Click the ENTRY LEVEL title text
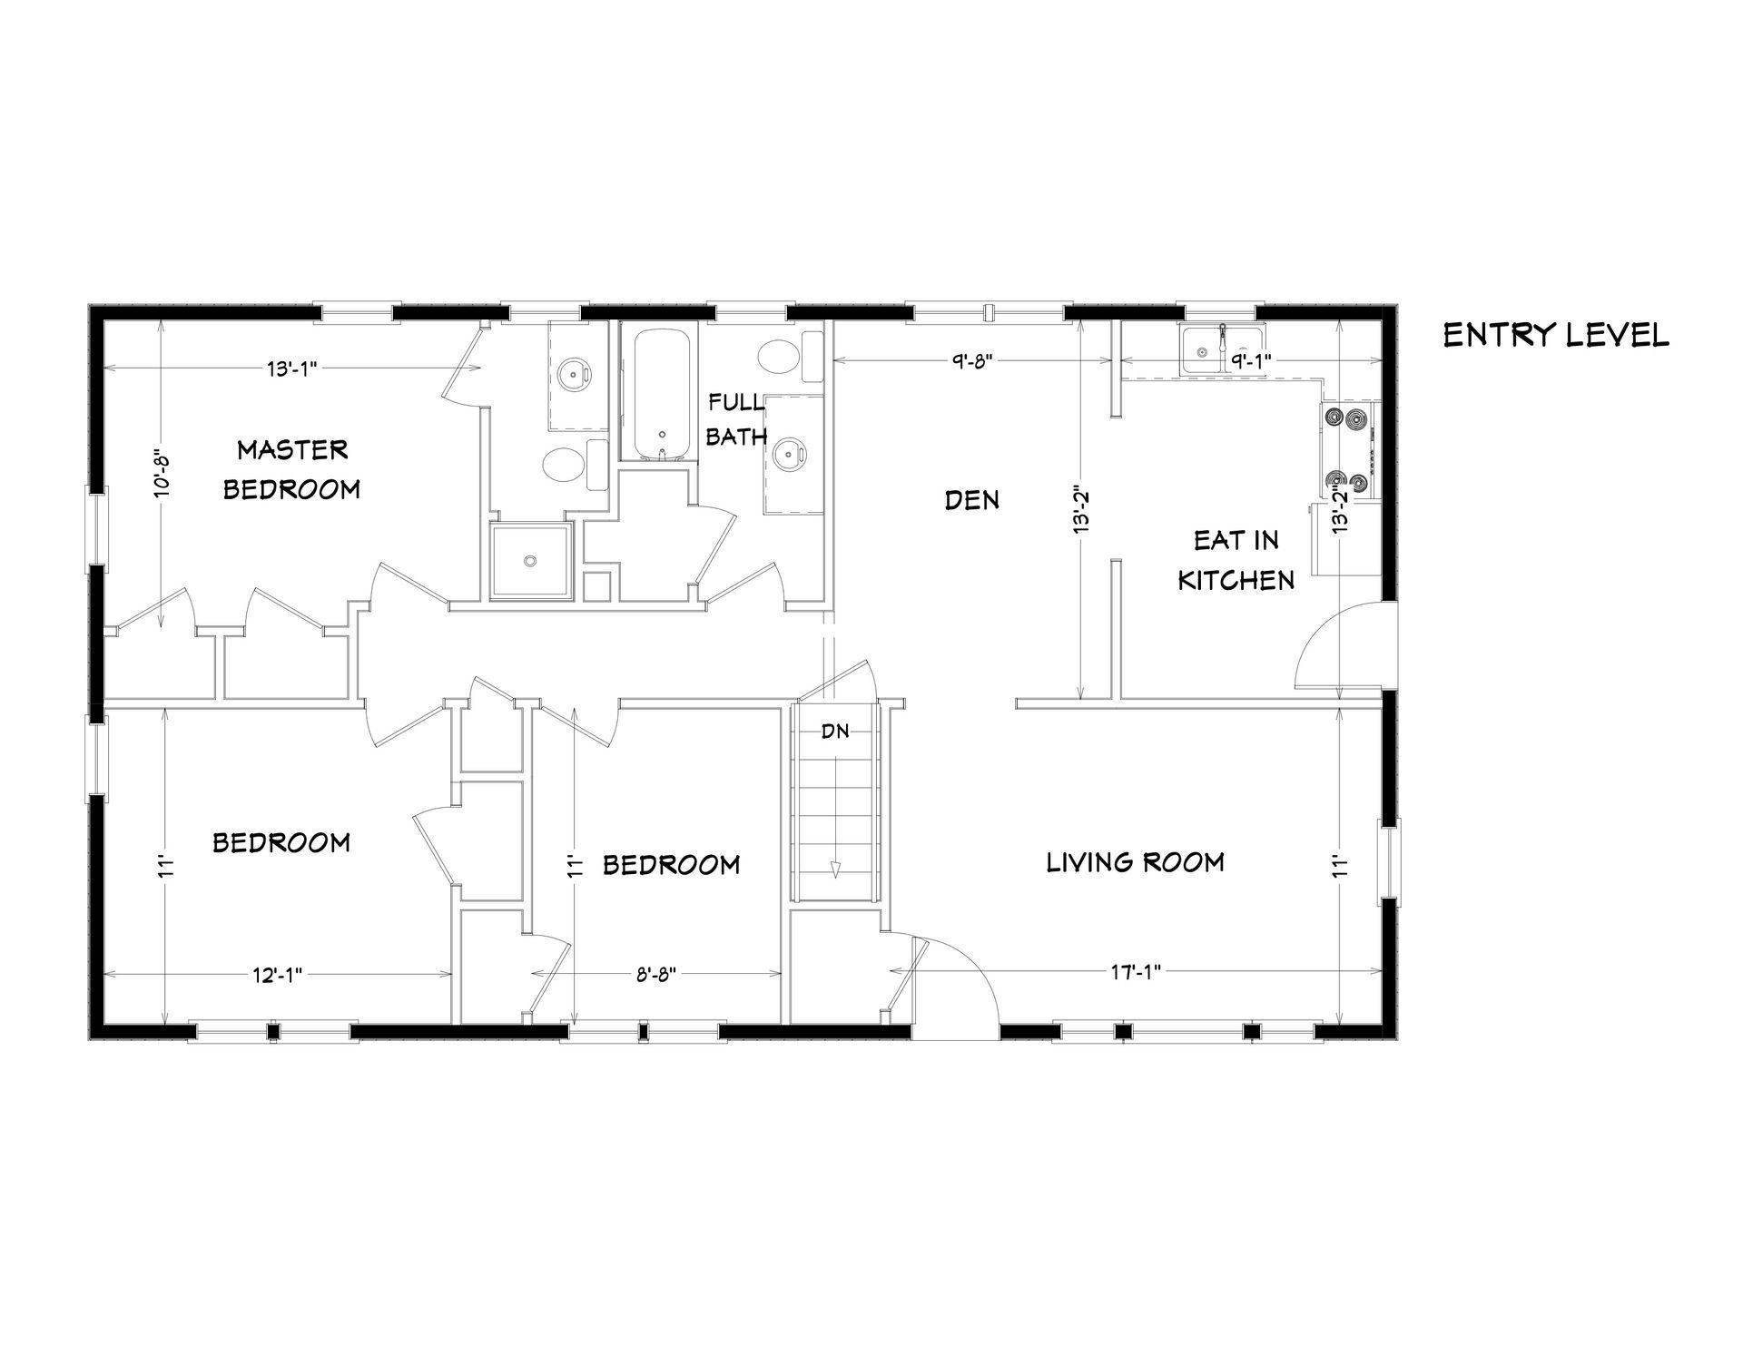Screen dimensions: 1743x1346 tap(1556, 336)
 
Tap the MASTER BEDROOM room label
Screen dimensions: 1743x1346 tap(291, 469)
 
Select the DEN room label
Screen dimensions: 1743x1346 tap(972, 499)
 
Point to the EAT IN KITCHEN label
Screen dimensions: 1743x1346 tap(1236, 560)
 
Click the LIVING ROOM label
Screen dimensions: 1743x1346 tap(1136, 861)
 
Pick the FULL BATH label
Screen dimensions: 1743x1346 tap(736, 418)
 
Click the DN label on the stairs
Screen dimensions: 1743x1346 tap(835, 731)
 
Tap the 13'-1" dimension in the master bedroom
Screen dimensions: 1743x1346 tap(291, 368)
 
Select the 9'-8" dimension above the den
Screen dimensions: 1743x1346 tap(974, 360)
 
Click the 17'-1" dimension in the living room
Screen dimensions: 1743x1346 tap(1136, 972)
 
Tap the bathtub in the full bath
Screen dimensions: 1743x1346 tap(663, 394)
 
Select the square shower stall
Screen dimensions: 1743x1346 tap(531, 561)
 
